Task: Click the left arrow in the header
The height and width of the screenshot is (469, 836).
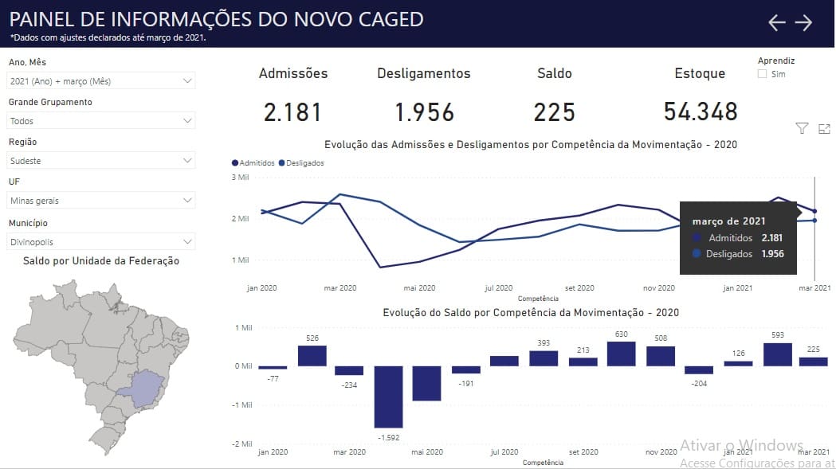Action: (777, 22)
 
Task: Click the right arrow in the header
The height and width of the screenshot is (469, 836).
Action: (803, 22)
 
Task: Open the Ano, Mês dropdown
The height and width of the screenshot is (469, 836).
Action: (101, 81)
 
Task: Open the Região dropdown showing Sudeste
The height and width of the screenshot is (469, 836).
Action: (101, 160)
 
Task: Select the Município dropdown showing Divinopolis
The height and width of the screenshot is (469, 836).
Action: (101, 242)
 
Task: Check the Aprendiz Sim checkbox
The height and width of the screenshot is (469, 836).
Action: (763, 74)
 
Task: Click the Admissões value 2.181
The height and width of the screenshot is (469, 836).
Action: (292, 112)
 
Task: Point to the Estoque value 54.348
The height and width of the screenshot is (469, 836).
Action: (701, 112)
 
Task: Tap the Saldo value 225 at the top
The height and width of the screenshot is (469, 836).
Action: (555, 112)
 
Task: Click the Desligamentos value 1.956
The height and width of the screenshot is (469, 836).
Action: (425, 112)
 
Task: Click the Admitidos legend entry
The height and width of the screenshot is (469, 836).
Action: (253, 163)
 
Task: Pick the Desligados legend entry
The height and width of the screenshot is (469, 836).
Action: (301, 163)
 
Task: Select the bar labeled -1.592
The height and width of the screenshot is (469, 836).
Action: (388, 397)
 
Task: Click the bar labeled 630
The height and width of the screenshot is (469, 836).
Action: (621, 354)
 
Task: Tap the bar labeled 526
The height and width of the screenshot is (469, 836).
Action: (312, 356)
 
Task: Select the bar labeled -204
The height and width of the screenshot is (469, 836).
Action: (699, 370)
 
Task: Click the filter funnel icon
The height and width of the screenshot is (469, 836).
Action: (802, 128)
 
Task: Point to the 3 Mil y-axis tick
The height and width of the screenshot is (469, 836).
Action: (240, 177)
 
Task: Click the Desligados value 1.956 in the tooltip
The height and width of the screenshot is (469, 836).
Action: (772, 254)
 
